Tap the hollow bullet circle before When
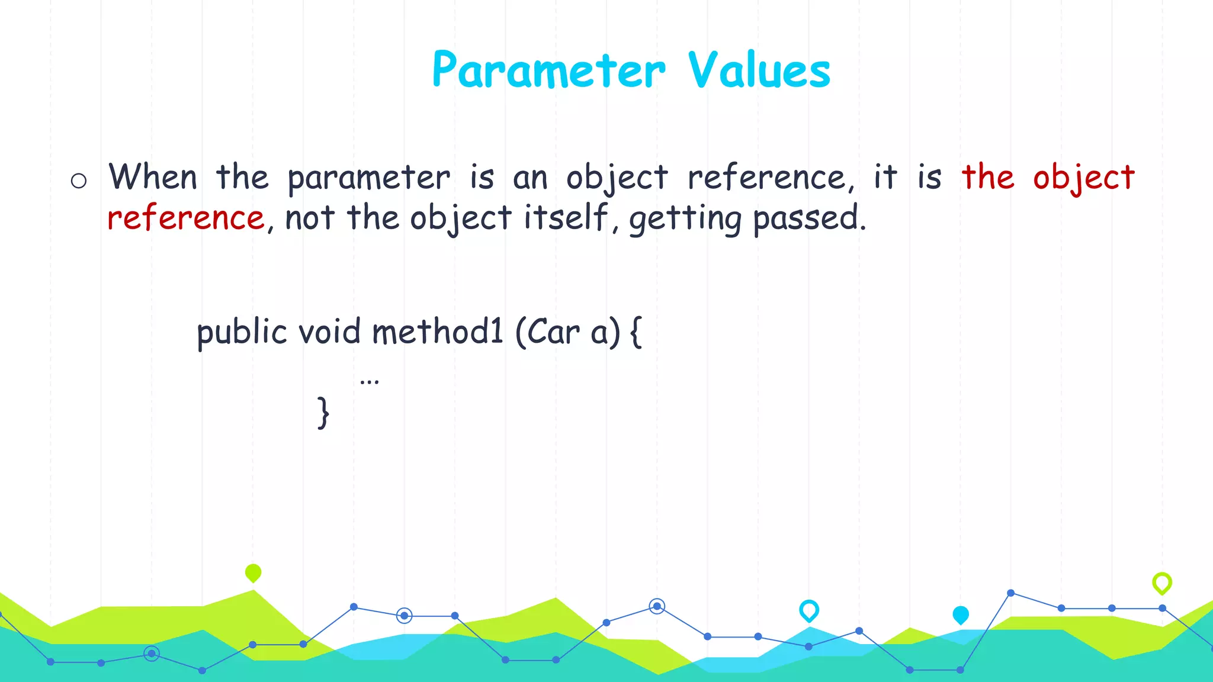(79, 181)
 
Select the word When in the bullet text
(153, 177)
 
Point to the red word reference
(185, 218)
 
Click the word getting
(685, 220)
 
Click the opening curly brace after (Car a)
(636, 332)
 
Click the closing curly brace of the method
(323, 413)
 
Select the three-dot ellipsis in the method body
(369, 382)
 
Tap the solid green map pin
(253, 572)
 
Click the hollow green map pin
(1162, 583)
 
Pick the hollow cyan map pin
(809, 610)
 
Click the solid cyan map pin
(961, 615)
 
